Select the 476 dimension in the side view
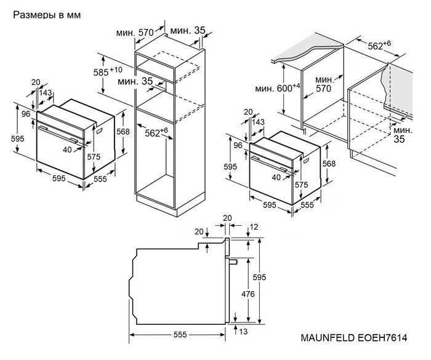[x=248, y=295]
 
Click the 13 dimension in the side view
[x=244, y=332]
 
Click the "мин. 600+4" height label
[x=278, y=89]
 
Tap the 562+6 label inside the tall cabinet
[x=156, y=132]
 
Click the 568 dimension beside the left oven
[x=124, y=132]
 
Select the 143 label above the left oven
[x=45, y=93]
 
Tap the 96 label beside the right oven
[x=237, y=145]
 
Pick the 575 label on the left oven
[x=93, y=157]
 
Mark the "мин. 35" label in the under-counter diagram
[x=403, y=135]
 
